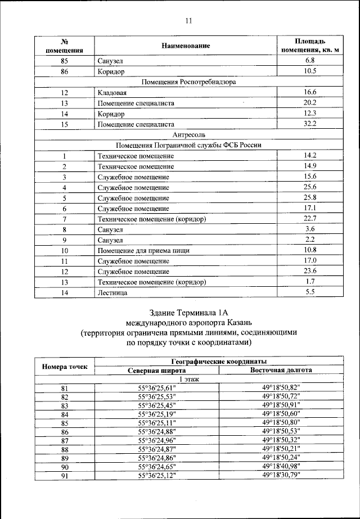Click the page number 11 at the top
click(x=188, y=21)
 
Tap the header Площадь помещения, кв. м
click(x=309, y=46)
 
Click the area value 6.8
click(x=309, y=60)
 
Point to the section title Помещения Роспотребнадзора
click(x=188, y=82)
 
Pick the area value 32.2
click(x=310, y=124)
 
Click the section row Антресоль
click(x=188, y=134)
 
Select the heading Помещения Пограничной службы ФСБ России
click(x=188, y=145)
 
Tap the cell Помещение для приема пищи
click(x=143, y=250)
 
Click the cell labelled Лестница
click(x=112, y=292)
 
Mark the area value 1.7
click(x=310, y=281)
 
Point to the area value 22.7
click(x=310, y=219)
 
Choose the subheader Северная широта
click(x=156, y=370)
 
